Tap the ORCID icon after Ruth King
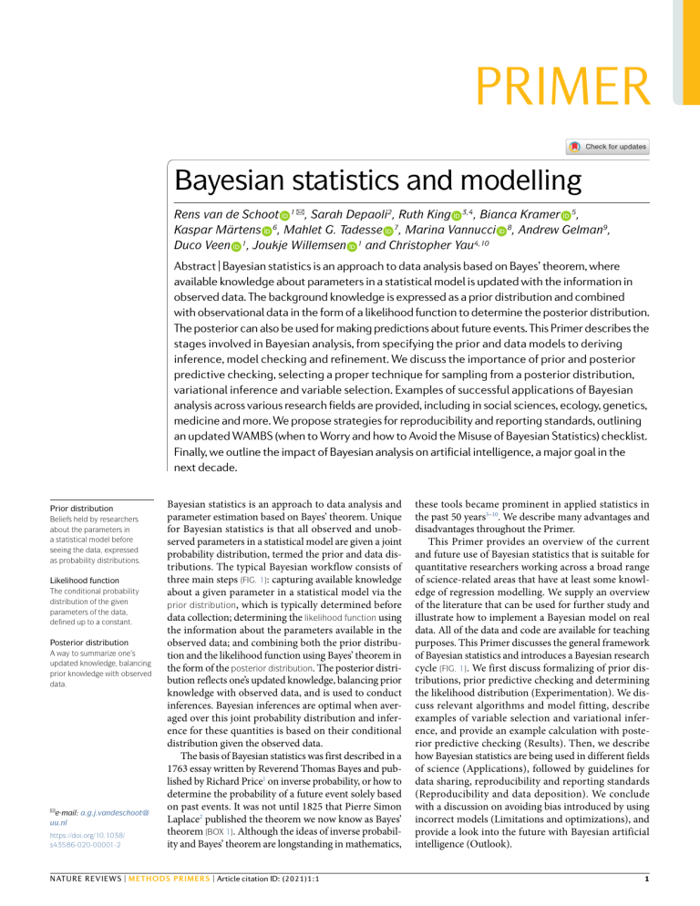[x=457, y=215]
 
